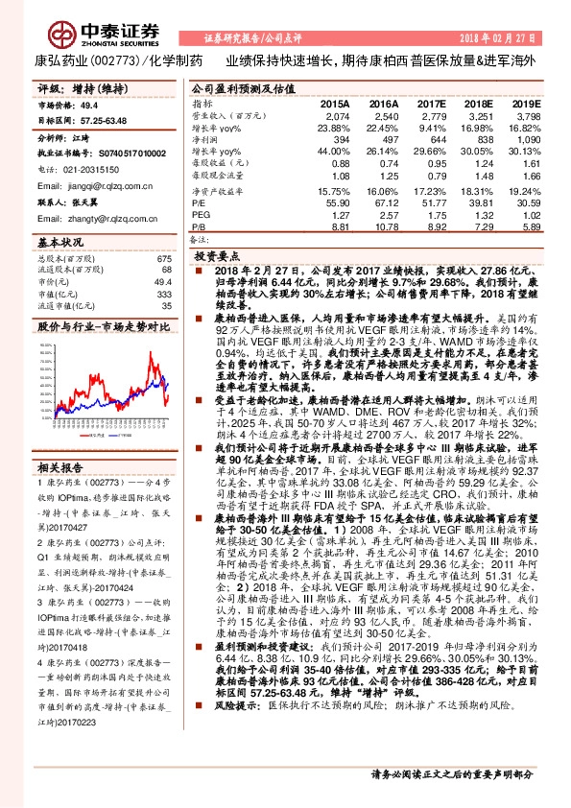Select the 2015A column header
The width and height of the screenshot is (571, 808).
[x=335, y=103]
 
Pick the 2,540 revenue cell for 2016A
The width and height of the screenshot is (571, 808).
[x=384, y=115]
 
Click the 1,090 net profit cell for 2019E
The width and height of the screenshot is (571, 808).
[x=527, y=139]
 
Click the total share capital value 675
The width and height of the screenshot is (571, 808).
[x=163, y=259]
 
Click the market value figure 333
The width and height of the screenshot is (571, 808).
[x=163, y=294]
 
